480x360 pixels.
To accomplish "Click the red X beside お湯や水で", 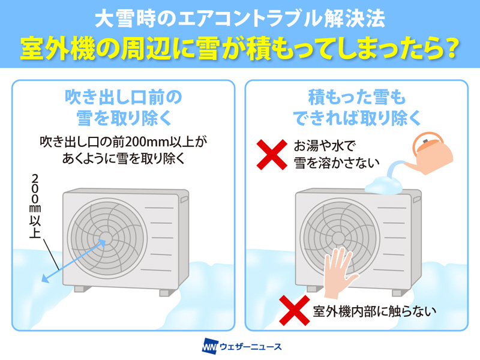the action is [x=272, y=155].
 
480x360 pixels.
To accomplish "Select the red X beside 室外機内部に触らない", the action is [x=295, y=310].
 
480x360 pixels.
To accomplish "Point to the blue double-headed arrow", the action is [x=73, y=261].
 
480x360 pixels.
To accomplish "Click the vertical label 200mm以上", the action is [x=35, y=206].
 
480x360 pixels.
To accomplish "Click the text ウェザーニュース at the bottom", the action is [x=251, y=347].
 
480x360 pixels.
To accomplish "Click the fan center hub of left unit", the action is [x=106, y=238].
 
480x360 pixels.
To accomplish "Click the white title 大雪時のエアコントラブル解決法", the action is [x=239, y=19].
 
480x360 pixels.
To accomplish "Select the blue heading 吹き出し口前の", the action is [x=124, y=97].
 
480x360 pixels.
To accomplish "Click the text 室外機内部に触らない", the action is [x=374, y=311].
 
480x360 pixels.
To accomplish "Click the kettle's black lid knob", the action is [x=425, y=142].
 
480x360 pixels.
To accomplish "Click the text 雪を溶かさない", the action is [x=337, y=163].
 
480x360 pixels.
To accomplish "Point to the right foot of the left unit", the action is [x=166, y=293].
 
